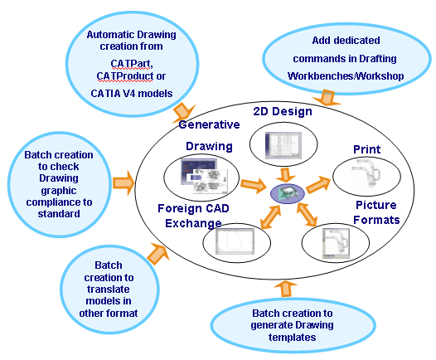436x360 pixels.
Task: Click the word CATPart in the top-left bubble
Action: pyautogui.click(x=131, y=64)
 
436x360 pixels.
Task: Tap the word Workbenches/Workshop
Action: pyautogui.click(x=346, y=76)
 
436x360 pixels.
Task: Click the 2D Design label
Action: pyautogui.click(x=283, y=111)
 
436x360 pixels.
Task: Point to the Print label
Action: pyautogui.click(x=366, y=149)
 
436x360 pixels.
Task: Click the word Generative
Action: pyautogui.click(x=209, y=124)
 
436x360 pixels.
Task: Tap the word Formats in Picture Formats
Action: pyautogui.click(x=376, y=220)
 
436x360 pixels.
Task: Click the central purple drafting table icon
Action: pyautogui.click(x=288, y=193)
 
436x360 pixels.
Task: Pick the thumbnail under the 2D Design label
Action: pyautogui.click(x=283, y=145)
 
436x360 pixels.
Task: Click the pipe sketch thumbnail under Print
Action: pyautogui.click(x=366, y=175)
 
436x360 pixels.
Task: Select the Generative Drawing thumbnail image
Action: pyautogui.click(x=205, y=176)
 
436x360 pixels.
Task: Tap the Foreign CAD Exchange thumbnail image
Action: pyautogui.click(x=235, y=241)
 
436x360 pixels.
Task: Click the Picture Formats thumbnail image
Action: pyautogui.click(x=336, y=244)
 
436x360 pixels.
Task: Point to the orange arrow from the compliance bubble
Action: pyautogui.click(x=124, y=183)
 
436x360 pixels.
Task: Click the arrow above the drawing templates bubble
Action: pyautogui.click(x=285, y=289)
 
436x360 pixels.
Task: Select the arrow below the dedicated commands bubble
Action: pyautogui.click(x=327, y=98)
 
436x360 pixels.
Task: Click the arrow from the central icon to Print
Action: pyautogui.click(x=318, y=184)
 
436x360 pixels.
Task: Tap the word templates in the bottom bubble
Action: pyautogui.click(x=293, y=337)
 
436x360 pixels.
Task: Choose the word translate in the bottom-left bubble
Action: pyautogui.click(x=108, y=289)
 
